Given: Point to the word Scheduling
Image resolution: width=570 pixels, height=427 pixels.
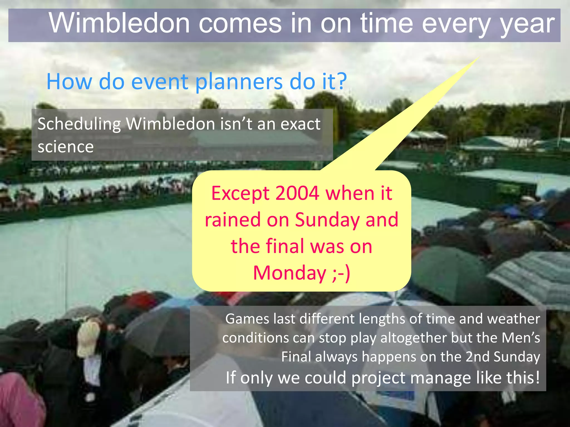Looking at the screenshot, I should click(79, 124).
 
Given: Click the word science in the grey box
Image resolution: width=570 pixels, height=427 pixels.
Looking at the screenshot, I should click(66, 147).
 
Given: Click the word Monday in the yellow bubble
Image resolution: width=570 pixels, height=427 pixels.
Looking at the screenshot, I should click(289, 273).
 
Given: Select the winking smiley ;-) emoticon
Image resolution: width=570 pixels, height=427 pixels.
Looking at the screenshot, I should click(341, 273).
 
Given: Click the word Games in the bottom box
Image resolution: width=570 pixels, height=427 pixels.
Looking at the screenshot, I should click(247, 319).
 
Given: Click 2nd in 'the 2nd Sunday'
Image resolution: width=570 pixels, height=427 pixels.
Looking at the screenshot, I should click(477, 357).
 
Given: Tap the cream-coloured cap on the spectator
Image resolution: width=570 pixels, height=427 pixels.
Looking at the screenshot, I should click(89, 338).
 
